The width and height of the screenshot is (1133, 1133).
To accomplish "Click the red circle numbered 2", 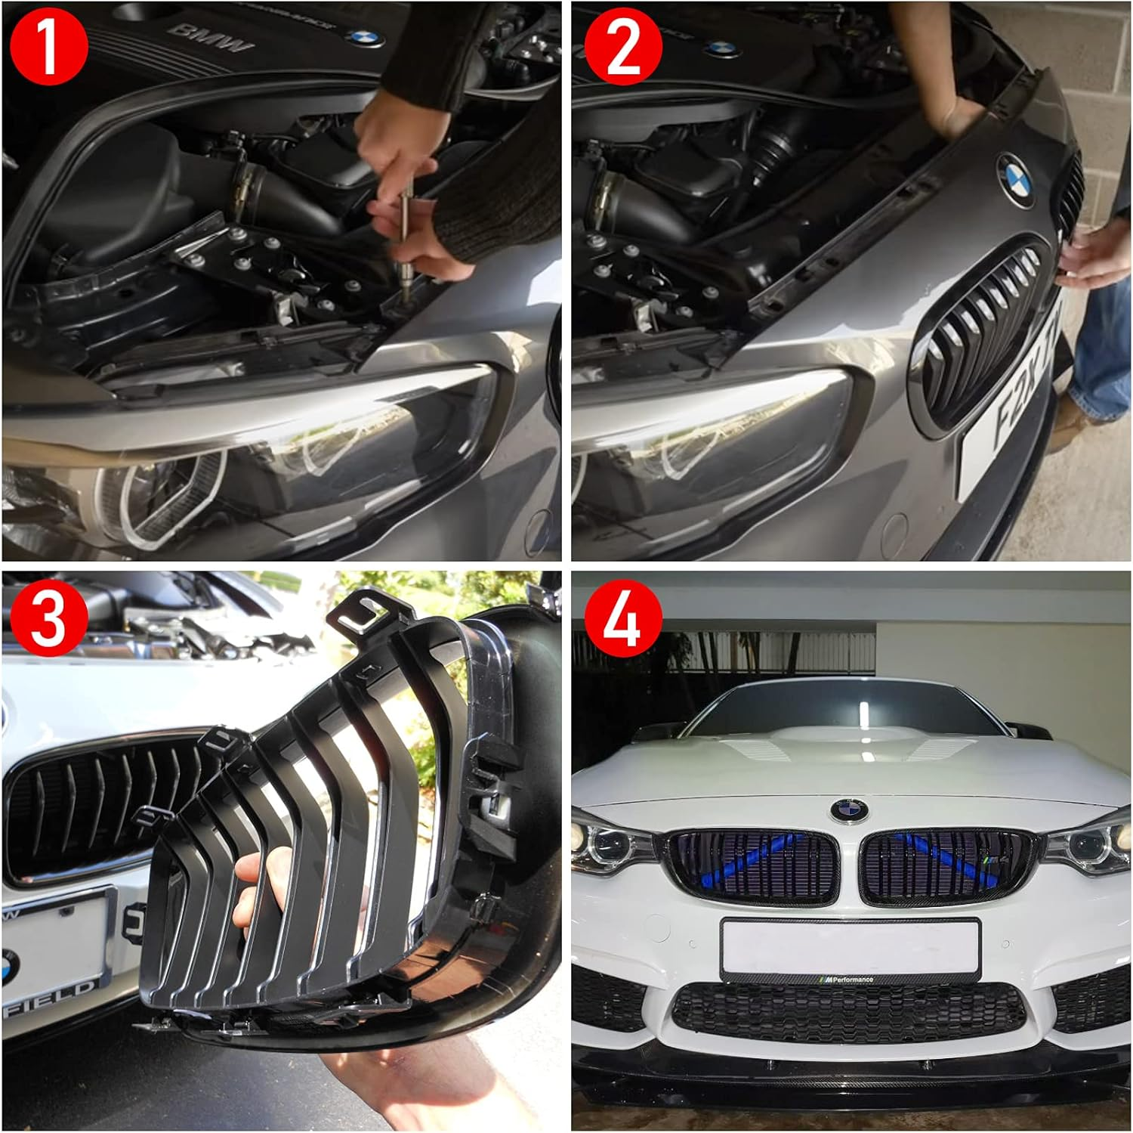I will click(623, 48).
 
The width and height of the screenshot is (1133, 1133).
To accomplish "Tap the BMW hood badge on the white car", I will click(849, 810).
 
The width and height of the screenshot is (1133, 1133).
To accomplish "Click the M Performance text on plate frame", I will click(849, 980).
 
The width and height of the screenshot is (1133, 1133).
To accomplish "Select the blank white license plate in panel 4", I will click(849, 945).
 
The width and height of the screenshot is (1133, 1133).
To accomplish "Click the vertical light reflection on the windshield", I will click(862, 719).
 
